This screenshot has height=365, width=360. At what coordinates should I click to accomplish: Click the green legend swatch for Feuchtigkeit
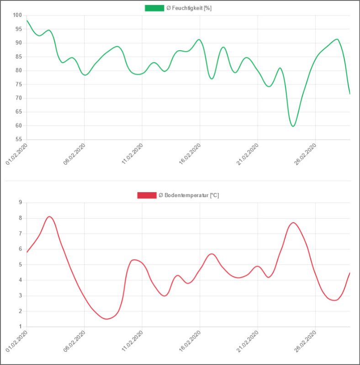154,8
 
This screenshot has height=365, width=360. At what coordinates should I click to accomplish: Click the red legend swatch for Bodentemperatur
147,195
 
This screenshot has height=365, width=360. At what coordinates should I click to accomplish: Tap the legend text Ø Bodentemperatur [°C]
189,195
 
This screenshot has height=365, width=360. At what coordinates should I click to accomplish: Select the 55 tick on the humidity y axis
19,140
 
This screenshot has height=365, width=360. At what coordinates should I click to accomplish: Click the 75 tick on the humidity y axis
19,84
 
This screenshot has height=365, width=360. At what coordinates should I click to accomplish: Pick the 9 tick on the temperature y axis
21,203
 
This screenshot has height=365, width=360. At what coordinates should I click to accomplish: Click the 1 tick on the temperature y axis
21,327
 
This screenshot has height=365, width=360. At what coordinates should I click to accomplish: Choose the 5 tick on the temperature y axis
21,265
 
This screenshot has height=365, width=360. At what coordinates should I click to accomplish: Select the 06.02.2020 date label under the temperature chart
75,342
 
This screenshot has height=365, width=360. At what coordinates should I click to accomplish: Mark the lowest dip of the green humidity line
293,126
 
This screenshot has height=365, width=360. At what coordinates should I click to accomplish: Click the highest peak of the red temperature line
49,216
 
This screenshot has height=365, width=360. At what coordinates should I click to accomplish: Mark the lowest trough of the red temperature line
107,319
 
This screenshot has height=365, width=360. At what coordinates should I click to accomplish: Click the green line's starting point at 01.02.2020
27,21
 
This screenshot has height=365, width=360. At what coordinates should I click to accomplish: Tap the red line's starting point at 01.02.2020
27,252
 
